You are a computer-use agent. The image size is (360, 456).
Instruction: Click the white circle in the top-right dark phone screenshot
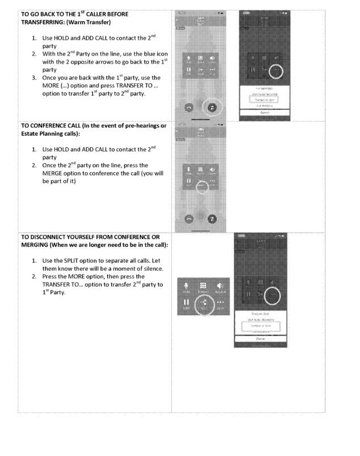click(x=276, y=71)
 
